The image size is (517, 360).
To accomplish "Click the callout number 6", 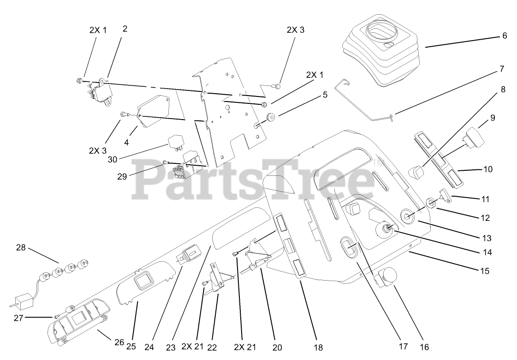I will (505, 36).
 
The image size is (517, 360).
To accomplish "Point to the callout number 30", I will (113, 159).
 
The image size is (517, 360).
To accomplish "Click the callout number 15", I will (485, 271).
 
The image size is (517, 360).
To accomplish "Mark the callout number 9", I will (493, 118).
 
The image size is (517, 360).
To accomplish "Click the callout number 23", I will (171, 346).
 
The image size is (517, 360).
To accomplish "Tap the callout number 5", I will (325, 95).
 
